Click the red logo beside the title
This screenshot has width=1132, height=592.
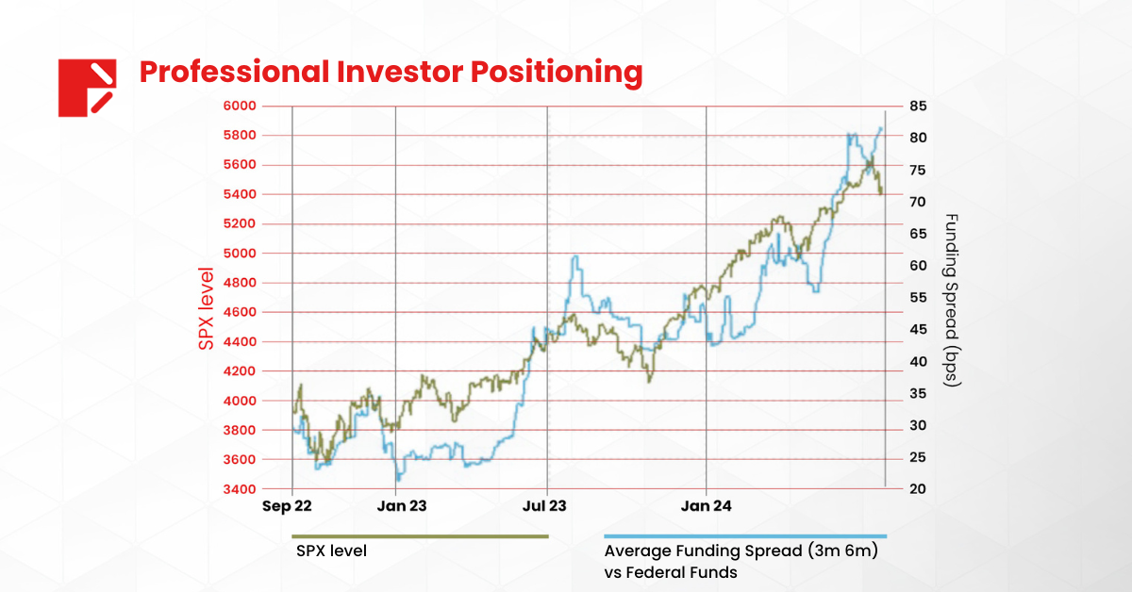tap(87, 88)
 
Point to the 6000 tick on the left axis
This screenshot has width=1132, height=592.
tap(241, 106)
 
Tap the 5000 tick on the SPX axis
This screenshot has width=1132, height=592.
tap(241, 254)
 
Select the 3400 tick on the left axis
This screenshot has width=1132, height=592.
tap(241, 489)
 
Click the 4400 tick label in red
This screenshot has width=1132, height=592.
tap(241, 342)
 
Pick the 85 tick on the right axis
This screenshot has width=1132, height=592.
tap(917, 106)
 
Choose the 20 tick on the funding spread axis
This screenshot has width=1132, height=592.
tap(917, 489)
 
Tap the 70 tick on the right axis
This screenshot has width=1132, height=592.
tap(917, 202)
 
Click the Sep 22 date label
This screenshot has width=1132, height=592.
tap(287, 506)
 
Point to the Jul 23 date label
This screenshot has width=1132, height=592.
tap(547, 506)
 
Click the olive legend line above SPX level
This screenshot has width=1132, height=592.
tap(421, 536)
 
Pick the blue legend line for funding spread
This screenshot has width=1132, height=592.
tap(745, 536)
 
